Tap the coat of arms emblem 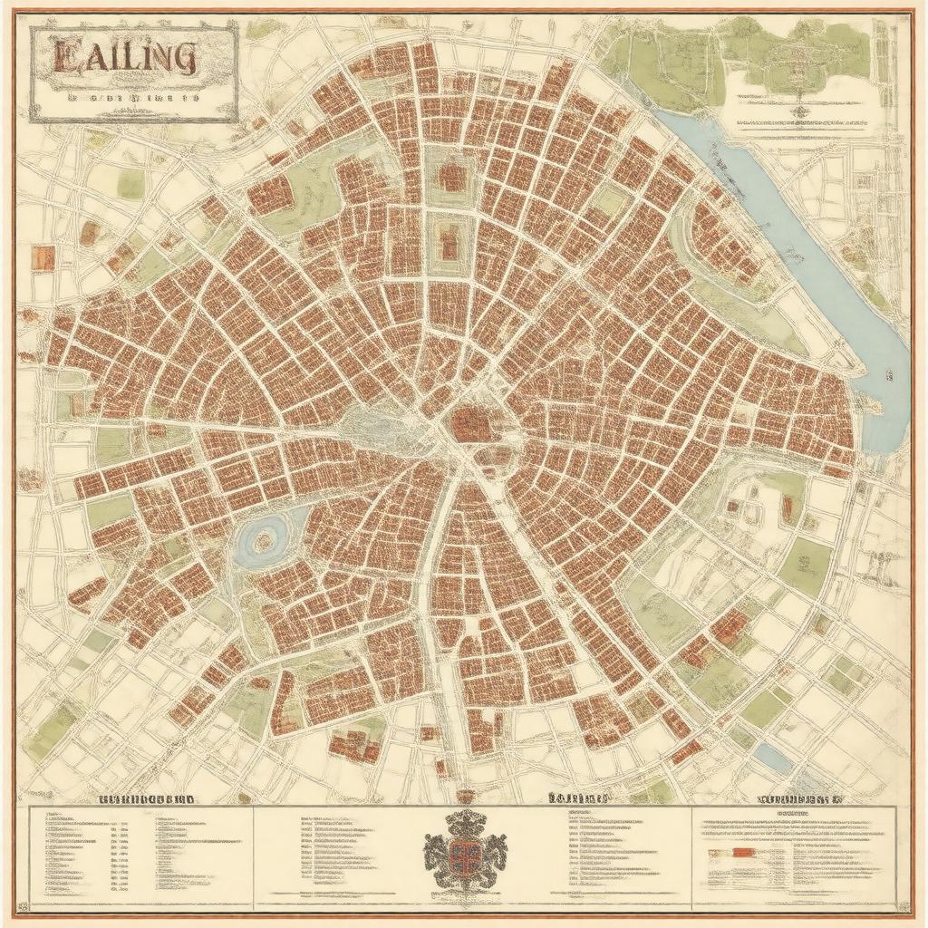(465, 849)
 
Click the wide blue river (816, 254)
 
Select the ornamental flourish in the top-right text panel (799, 112)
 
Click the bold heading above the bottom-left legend (145, 800)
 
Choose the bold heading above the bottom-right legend (798, 800)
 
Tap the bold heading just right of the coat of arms (576, 799)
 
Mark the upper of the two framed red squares (450, 174)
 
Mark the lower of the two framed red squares (448, 242)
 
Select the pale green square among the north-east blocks (609, 201)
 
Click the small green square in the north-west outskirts (130, 185)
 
